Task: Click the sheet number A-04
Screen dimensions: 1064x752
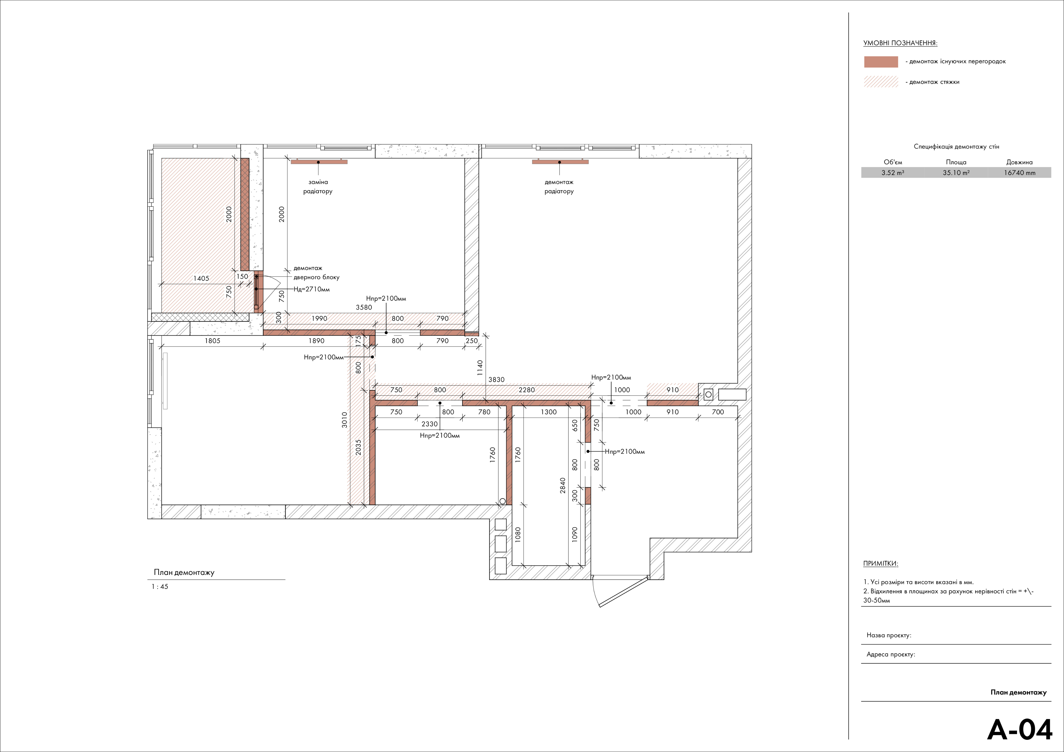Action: (1020, 730)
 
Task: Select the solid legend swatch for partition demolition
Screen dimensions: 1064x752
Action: (881, 62)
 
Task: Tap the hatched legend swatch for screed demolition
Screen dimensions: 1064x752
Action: (881, 82)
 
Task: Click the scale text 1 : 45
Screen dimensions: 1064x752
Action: (160, 587)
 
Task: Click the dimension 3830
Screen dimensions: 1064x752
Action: (496, 379)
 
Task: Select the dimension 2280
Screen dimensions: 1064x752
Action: (527, 390)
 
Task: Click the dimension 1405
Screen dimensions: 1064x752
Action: (201, 278)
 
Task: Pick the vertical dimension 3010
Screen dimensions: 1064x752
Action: (344, 420)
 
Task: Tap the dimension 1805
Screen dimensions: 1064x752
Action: (213, 340)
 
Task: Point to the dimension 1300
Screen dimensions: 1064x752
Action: (549, 412)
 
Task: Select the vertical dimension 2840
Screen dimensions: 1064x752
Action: (563, 486)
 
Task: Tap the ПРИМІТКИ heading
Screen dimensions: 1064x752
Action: (881, 564)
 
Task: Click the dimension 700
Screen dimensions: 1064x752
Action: (718, 412)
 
